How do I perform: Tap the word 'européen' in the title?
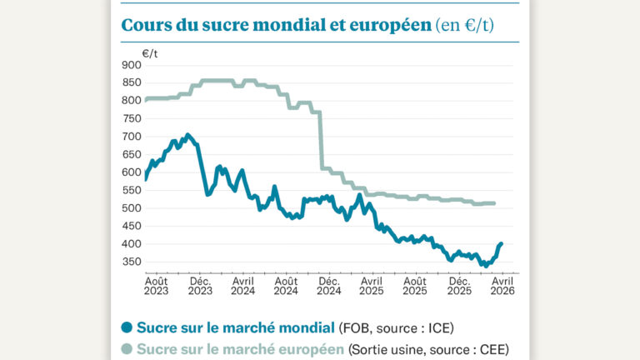point(383,25)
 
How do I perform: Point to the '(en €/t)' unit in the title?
point(464,25)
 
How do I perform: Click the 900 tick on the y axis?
point(131,65)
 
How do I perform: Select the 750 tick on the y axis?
point(131,118)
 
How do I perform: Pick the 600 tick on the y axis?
point(131,172)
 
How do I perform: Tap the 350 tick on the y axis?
point(131,262)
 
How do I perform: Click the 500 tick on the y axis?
point(131,208)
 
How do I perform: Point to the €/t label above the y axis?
point(150,52)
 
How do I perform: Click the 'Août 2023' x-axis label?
point(157,286)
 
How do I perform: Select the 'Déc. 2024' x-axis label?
point(329,286)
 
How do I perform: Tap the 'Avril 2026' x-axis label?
point(502,286)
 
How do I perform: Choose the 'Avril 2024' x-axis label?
point(243,286)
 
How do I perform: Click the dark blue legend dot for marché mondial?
point(127,327)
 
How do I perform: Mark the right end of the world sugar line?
point(501,243)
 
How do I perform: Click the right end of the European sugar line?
point(494,203)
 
